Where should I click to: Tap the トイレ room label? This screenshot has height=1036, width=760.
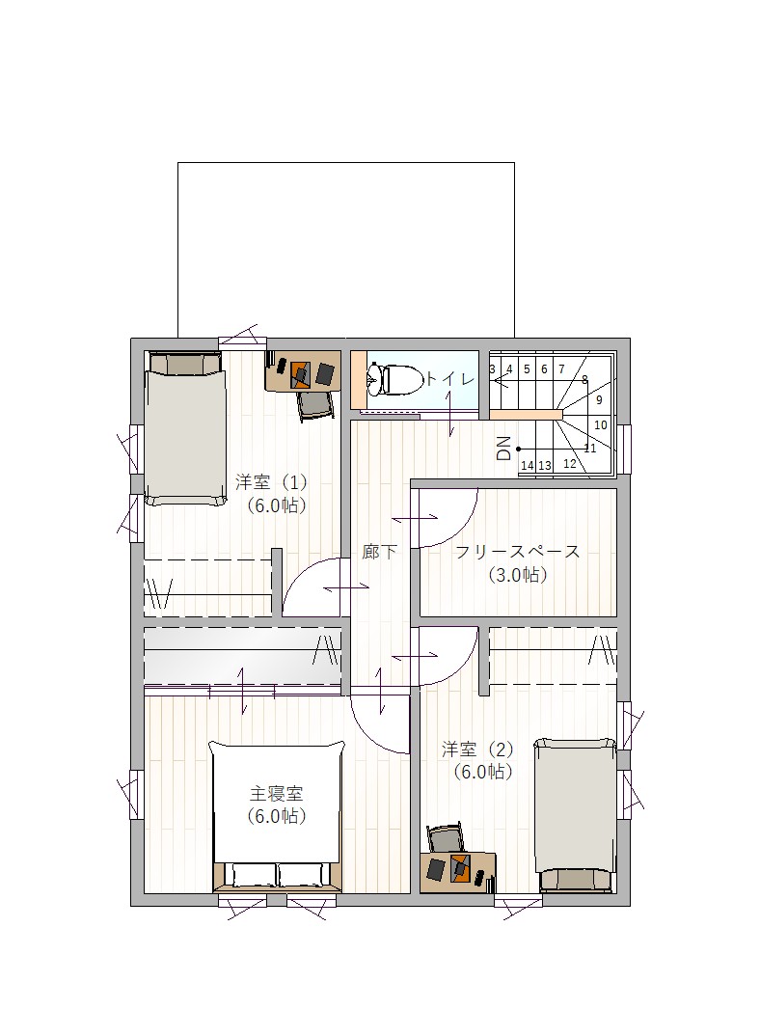tap(450, 378)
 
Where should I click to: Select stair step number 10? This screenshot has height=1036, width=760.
tap(601, 424)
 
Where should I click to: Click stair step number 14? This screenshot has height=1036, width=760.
tap(527, 466)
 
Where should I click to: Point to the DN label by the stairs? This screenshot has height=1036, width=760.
tap(503, 449)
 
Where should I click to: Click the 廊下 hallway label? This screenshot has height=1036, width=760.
tap(379, 551)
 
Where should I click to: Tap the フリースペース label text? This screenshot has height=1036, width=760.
tap(518, 551)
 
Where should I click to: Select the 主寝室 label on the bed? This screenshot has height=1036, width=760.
tap(276, 792)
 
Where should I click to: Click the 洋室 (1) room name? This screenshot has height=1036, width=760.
tap(272, 481)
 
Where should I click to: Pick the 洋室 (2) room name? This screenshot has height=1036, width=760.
tap(477, 750)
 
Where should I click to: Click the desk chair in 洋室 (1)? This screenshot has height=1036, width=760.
tap(313, 406)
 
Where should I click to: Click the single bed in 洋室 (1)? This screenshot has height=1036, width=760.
tap(185, 428)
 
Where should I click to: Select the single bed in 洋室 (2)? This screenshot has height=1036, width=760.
tap(575, 815)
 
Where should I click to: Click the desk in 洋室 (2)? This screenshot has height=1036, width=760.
tap(457, 872)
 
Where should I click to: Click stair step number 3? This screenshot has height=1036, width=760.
tap(492, 369)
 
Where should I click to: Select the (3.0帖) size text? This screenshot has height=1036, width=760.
tap(518, 575)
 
